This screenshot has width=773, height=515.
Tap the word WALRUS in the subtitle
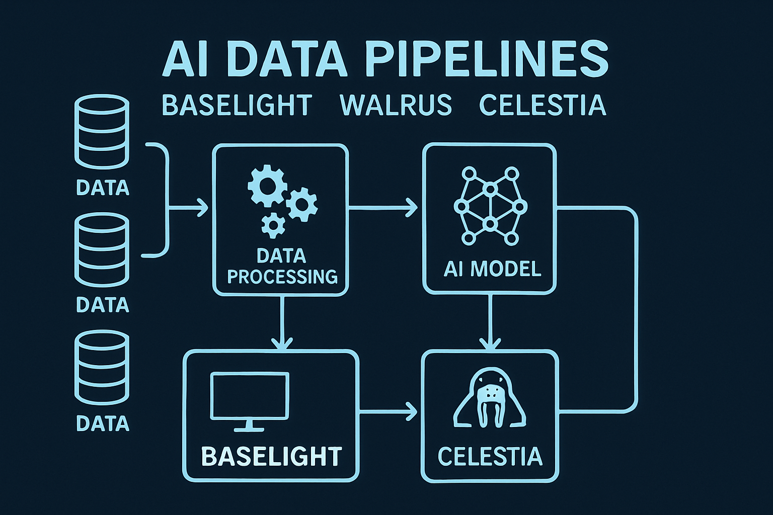[396, 106]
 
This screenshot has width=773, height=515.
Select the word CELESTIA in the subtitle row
[542, 106]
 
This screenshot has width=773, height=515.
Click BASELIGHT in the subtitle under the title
[237, 106]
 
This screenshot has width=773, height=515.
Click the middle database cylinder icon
[102, 249]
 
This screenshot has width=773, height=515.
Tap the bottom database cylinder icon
[102, 367]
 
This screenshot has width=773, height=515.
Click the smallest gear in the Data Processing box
[273, 225]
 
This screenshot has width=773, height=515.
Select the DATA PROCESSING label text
[282, 267]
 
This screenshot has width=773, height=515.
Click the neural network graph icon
[490, 206]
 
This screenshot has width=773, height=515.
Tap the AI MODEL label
[492, 269]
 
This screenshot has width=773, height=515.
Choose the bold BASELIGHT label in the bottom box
[271, 457]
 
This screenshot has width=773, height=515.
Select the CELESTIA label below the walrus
[490, 457]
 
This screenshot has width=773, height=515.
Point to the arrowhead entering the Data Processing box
[202, 207]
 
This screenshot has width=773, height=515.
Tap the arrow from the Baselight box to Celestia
[388, 412]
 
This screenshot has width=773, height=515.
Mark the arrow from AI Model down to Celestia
[490, 322]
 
